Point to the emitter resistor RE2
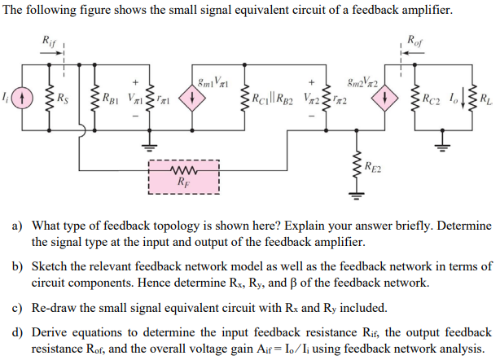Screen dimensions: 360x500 (x=355, y=169)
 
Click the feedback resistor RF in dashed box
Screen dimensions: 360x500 (x=184, y=172)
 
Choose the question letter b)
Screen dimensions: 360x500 (x=16, y=266)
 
